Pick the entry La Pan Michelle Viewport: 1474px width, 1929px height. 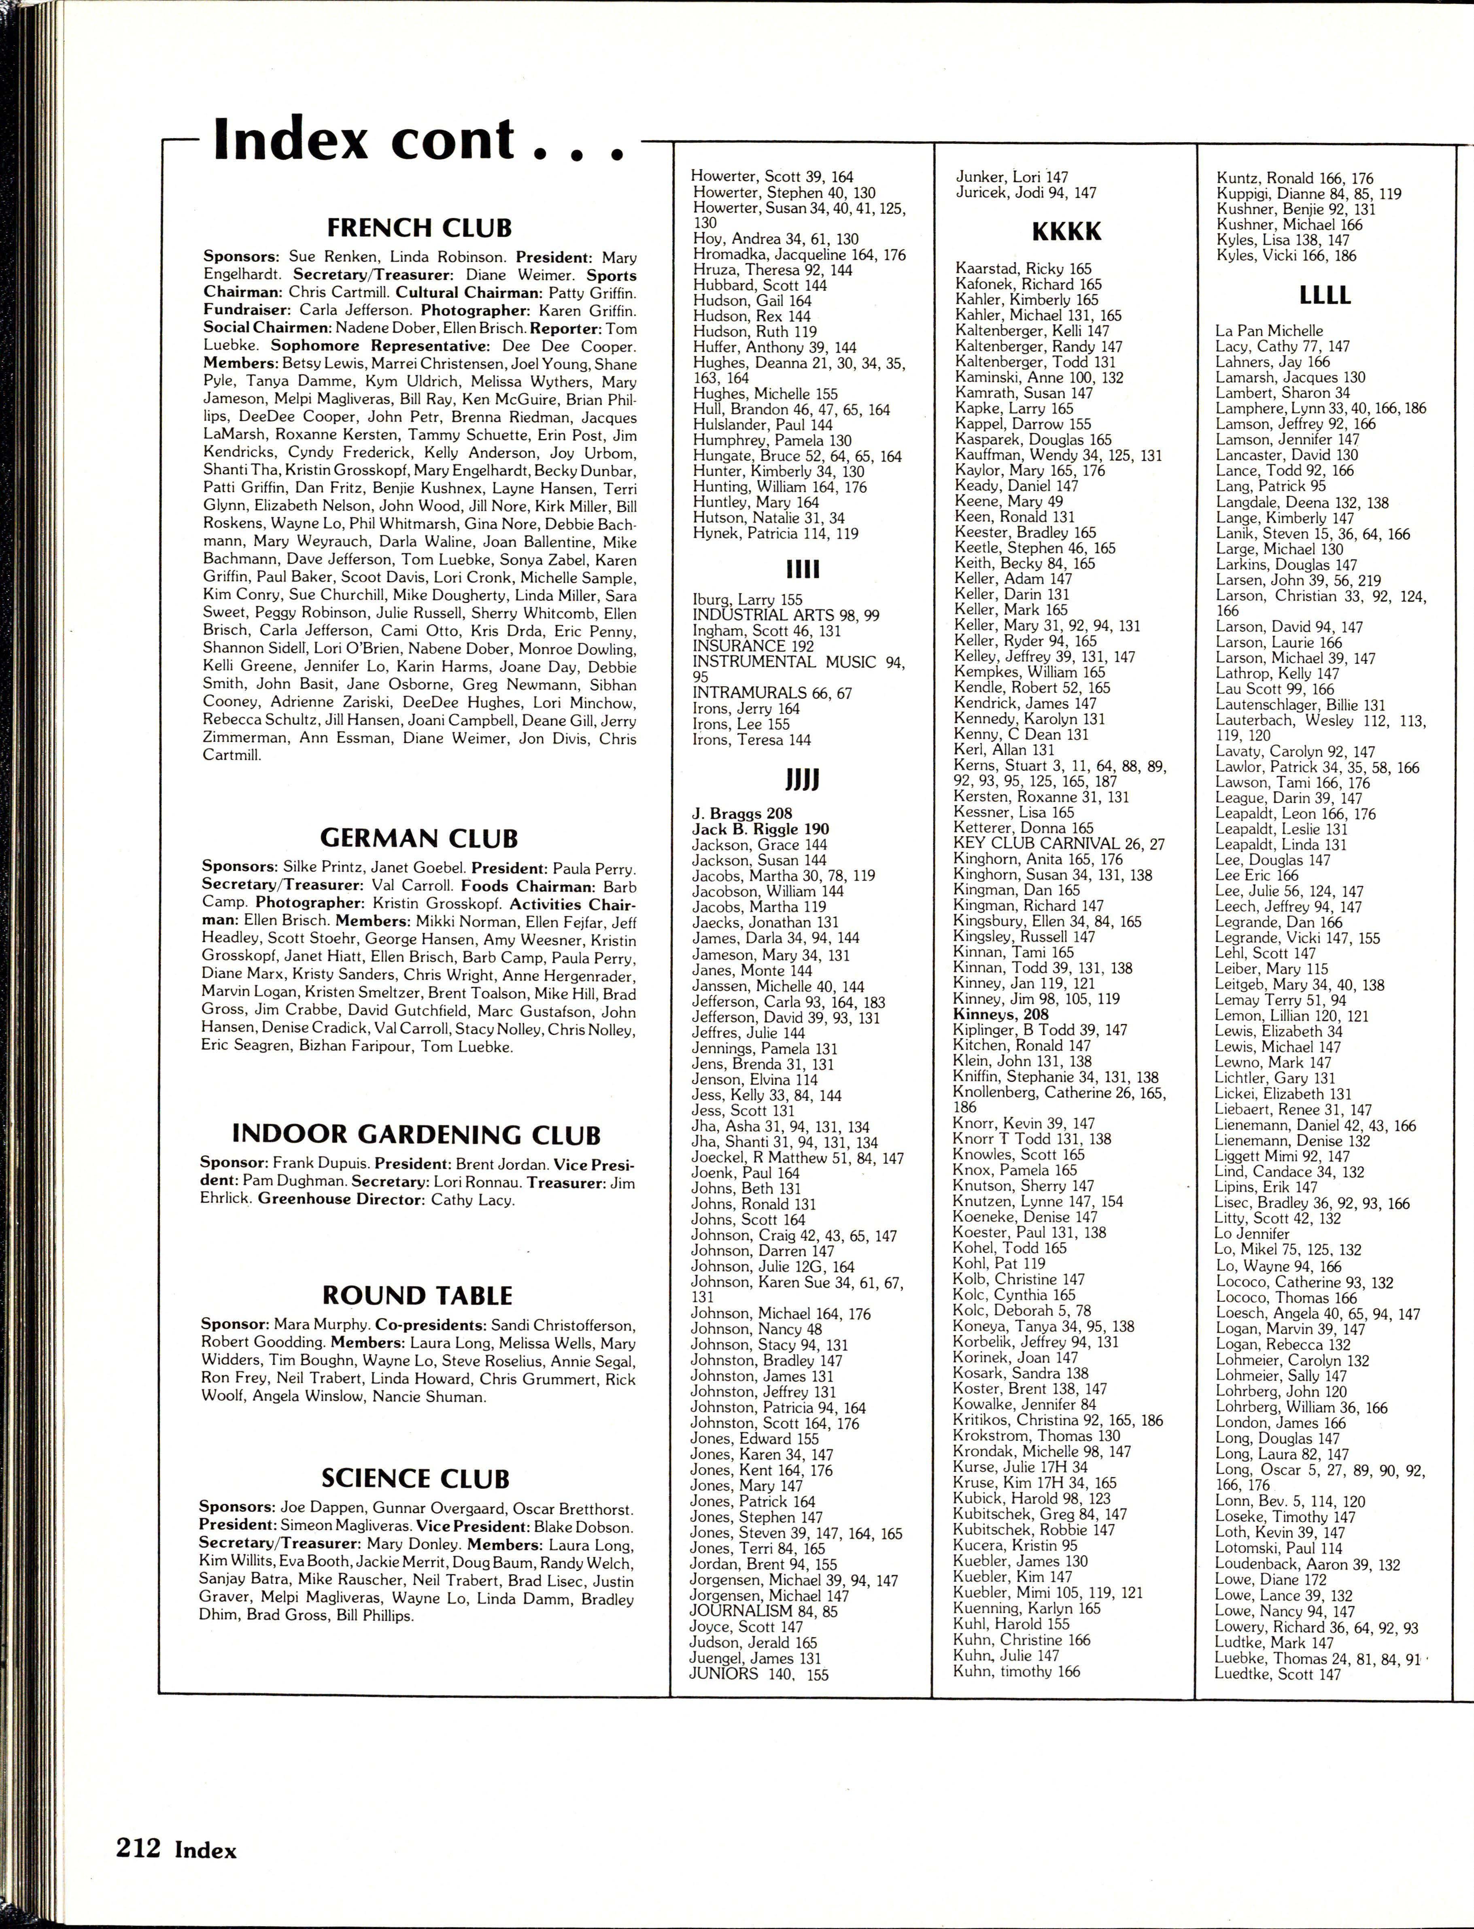coord(1269,331)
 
